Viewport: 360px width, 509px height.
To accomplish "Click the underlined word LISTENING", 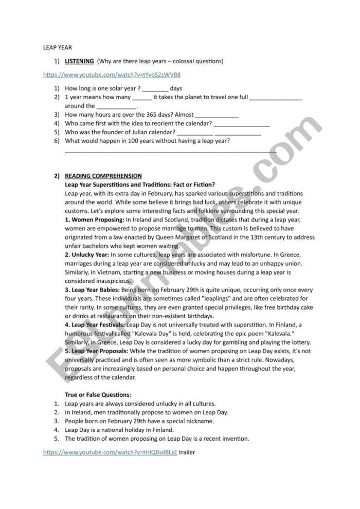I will click(79, 61).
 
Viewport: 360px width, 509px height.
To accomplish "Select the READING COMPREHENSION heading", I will click(103, 176).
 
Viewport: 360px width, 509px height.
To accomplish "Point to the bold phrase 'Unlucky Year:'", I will click(90, 254).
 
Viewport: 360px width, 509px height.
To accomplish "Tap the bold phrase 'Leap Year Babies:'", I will click(95, 290).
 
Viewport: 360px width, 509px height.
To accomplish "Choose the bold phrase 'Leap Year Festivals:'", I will click(98, 325).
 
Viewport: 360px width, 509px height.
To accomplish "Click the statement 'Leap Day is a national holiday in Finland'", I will click(119, 430).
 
